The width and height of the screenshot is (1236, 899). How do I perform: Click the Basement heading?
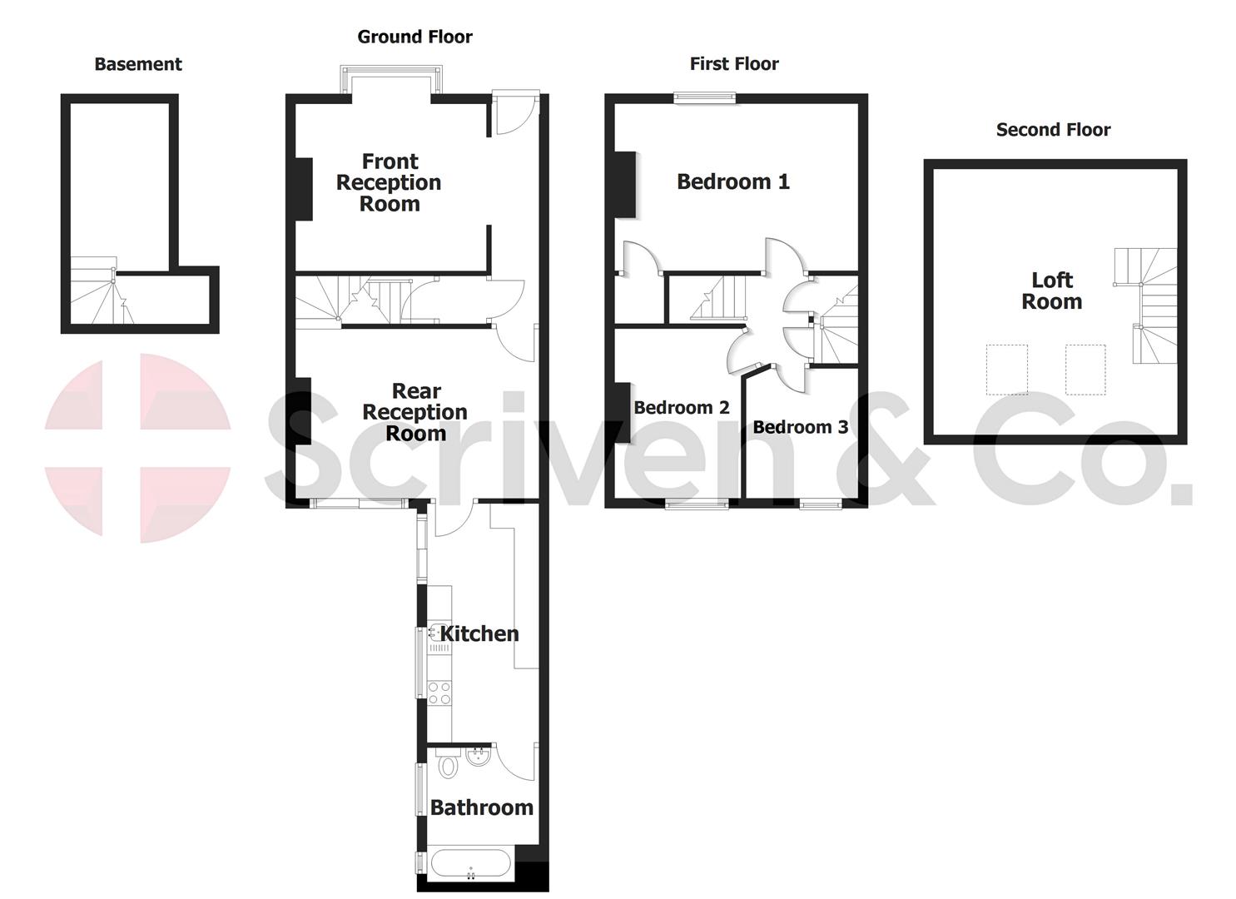138,64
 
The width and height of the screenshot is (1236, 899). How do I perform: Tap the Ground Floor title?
414,37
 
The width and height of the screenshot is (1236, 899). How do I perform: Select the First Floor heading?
734,64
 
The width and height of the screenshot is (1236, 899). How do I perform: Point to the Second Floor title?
1053,130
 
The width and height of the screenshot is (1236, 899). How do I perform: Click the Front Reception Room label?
389,182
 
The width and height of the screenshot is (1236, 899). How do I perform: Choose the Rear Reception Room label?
414,412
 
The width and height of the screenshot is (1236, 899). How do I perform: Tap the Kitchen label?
479,633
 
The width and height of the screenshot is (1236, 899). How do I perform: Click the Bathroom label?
482,807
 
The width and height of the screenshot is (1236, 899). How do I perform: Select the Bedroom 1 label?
733,181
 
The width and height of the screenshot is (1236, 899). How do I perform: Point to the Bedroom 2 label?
682,407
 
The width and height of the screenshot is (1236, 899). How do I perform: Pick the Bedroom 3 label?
801,427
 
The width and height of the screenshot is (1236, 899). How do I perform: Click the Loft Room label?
1052,291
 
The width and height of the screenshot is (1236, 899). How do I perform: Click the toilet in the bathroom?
448,763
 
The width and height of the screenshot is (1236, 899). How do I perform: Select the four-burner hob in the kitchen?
439,693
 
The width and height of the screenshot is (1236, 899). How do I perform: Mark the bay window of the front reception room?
389,81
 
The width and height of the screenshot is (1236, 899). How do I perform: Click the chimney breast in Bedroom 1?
625,184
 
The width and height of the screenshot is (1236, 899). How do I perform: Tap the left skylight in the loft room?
1006,369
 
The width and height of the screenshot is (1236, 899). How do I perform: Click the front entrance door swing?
509,115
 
